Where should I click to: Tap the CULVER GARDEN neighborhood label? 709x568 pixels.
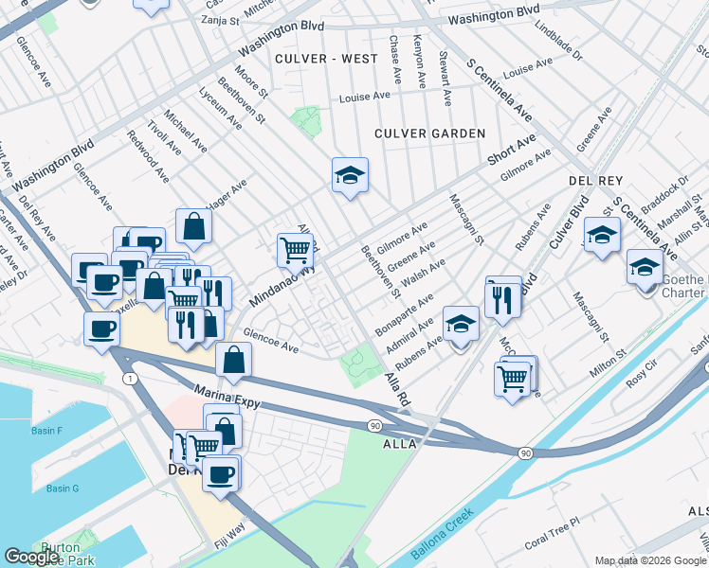tap(429, 133)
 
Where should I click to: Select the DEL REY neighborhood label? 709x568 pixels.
tap(593, 180)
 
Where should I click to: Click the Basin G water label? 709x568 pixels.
tap(63, 488)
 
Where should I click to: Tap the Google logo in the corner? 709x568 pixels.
tap(31, 557)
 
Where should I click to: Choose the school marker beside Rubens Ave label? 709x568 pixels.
tap(461, 325)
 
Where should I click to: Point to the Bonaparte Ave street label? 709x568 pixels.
tap(404, 312)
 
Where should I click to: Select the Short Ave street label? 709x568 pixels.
tap(512, 149)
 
